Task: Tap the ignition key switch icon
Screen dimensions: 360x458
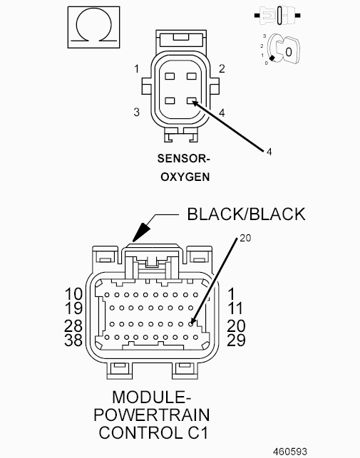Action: point(281,51)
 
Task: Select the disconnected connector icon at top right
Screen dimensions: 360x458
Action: point(277,15)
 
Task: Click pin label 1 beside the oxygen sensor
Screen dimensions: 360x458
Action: point(136,69)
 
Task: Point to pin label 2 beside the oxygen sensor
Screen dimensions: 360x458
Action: point(222,68)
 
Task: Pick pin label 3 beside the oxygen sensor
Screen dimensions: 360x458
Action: point(137,112)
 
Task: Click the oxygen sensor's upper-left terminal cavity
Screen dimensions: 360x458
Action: point(170,76)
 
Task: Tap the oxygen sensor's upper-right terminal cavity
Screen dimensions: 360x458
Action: point(192,76)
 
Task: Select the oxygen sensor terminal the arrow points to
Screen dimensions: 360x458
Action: point(192,100)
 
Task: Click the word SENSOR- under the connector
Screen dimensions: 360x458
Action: point(184,159)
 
